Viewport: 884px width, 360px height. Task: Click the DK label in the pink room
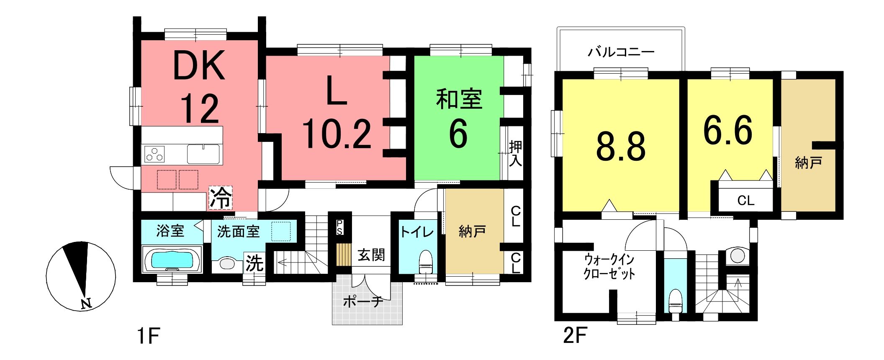coord(199,66)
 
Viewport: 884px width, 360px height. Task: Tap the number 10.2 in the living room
coord(337,134)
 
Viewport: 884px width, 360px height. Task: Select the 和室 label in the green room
coord(459,99)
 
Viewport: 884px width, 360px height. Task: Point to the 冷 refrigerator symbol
coord(220,198)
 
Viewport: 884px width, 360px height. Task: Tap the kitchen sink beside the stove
coord(204,154)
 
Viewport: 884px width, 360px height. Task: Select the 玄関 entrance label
coord(371,255)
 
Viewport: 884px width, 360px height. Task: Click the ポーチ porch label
coord(363,301)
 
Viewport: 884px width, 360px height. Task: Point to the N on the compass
coord(86,303)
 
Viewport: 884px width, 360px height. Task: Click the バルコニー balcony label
coord(621,52)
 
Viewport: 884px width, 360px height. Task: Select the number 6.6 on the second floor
coord(728,131)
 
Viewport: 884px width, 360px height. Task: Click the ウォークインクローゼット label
coord(609,267)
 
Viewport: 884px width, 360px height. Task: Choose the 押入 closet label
coord(515,154)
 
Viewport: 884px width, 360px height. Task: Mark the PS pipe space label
coord(339,227)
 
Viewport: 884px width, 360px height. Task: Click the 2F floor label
coord(575,336)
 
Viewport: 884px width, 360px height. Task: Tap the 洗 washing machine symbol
coord(254,263)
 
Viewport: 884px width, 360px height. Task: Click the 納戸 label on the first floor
coord(472,231)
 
